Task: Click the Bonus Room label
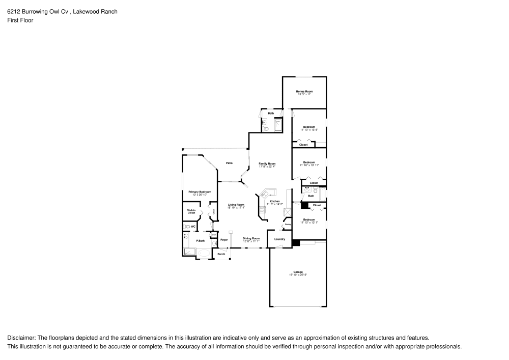[304, 92]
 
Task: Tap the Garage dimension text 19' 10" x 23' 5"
[298, 275]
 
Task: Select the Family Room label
[267, 163]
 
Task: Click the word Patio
[230, 163]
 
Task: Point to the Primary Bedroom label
[200, 192]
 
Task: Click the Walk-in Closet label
[191, 211]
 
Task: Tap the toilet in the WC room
[187, 227]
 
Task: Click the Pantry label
[288, 225]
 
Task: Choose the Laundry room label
[279, 239]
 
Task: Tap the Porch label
[221, 254]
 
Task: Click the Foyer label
[223, 239]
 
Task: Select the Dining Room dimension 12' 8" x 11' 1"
[251, 241]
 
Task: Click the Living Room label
[236, 205]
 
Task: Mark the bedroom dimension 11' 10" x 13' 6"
[309, 130]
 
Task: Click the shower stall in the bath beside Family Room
[278, 125]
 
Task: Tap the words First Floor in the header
[20, 20]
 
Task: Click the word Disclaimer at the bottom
[20, 338]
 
